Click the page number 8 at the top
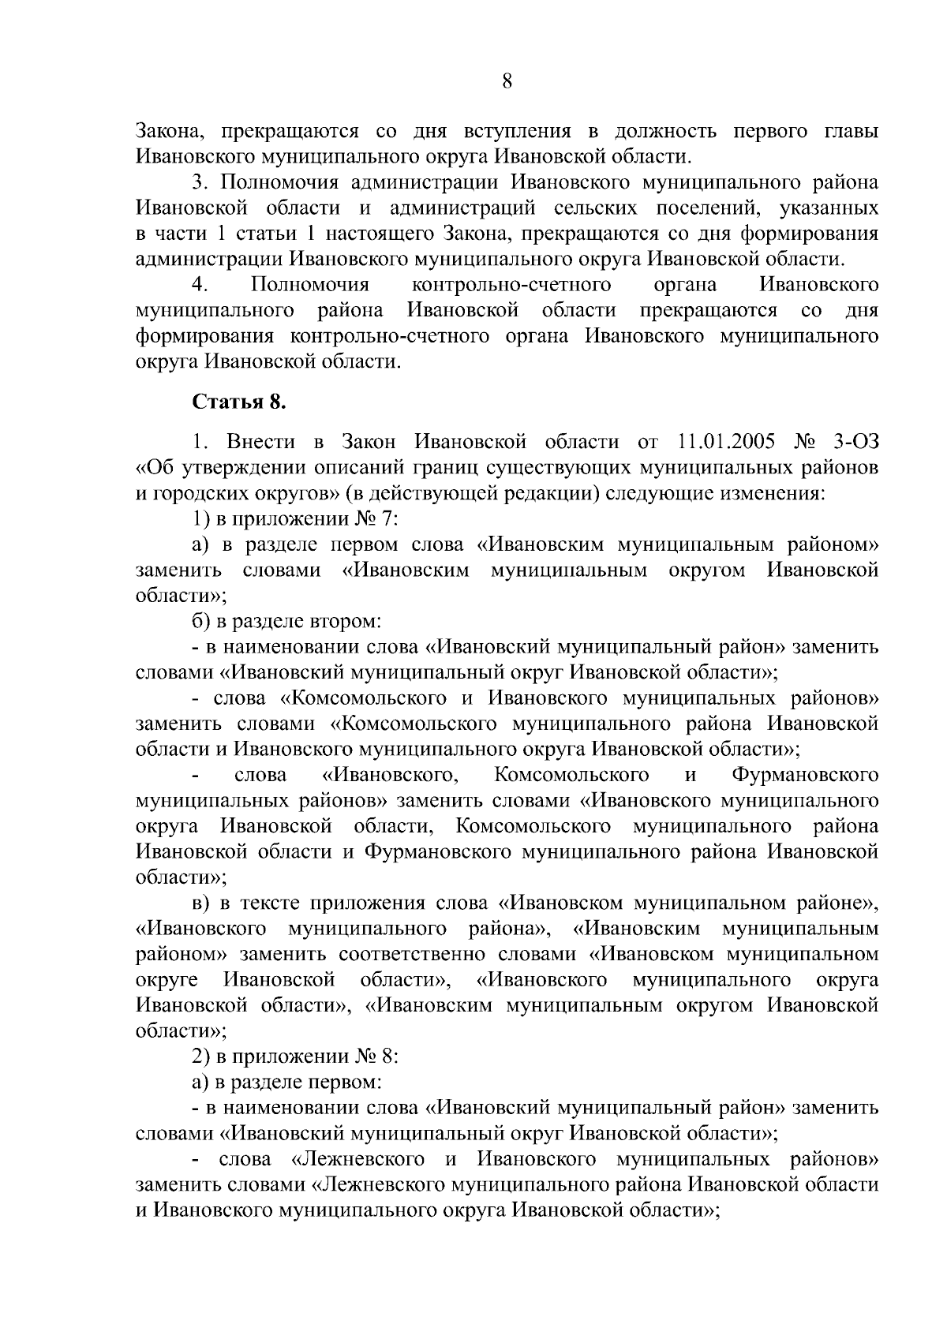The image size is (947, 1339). click(x=507, y=81)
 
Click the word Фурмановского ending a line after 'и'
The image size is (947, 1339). click(x=805, y=775)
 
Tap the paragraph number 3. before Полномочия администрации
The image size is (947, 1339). click(x=200, y=182)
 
